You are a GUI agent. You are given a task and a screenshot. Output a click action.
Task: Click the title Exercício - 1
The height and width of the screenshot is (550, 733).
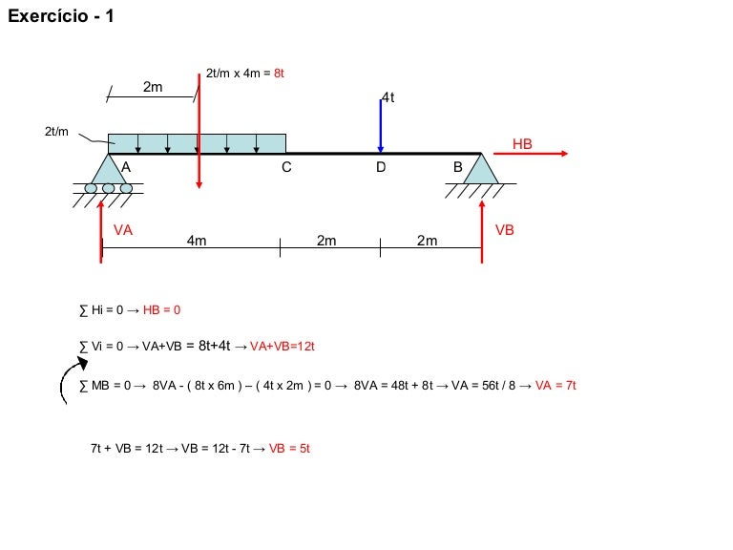point(61,16)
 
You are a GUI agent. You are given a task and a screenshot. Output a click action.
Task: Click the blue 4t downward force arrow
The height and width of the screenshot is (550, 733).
point(381,126)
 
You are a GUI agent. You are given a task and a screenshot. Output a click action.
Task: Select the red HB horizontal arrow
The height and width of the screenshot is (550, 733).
point(531,153)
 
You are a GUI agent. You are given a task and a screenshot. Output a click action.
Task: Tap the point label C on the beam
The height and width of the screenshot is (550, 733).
point(286,167)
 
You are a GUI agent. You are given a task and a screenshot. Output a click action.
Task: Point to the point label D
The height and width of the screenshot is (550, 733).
point(381,167)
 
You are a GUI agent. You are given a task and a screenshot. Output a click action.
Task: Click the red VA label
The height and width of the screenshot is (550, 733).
point(123,229)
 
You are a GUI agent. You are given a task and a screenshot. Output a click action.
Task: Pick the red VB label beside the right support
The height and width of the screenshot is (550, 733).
point(505,229)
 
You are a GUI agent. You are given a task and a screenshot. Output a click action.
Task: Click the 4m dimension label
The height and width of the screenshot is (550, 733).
point(197,241)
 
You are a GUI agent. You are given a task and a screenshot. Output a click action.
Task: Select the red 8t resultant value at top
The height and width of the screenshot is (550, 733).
point(279,73)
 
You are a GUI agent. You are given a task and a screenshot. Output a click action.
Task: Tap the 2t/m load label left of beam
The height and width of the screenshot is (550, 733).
point(56,132)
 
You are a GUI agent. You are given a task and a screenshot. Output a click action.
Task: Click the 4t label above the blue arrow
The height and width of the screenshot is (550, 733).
point(388,97)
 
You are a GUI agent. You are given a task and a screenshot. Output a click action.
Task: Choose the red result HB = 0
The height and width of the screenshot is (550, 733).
point(161,309)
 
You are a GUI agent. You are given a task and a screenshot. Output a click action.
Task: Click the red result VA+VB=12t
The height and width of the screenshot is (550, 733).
point(283,346)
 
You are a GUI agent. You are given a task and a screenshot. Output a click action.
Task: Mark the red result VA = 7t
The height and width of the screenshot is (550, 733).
point(555,386)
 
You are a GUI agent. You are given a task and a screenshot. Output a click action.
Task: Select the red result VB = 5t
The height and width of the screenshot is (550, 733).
point(289,449)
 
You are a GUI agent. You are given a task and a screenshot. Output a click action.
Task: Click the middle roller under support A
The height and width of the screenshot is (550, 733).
point(109,188)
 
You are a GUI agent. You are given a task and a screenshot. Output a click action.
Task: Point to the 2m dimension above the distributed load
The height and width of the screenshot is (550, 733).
point(153,87)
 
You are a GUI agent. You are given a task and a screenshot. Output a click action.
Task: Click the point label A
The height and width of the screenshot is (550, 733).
point(126,167)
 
